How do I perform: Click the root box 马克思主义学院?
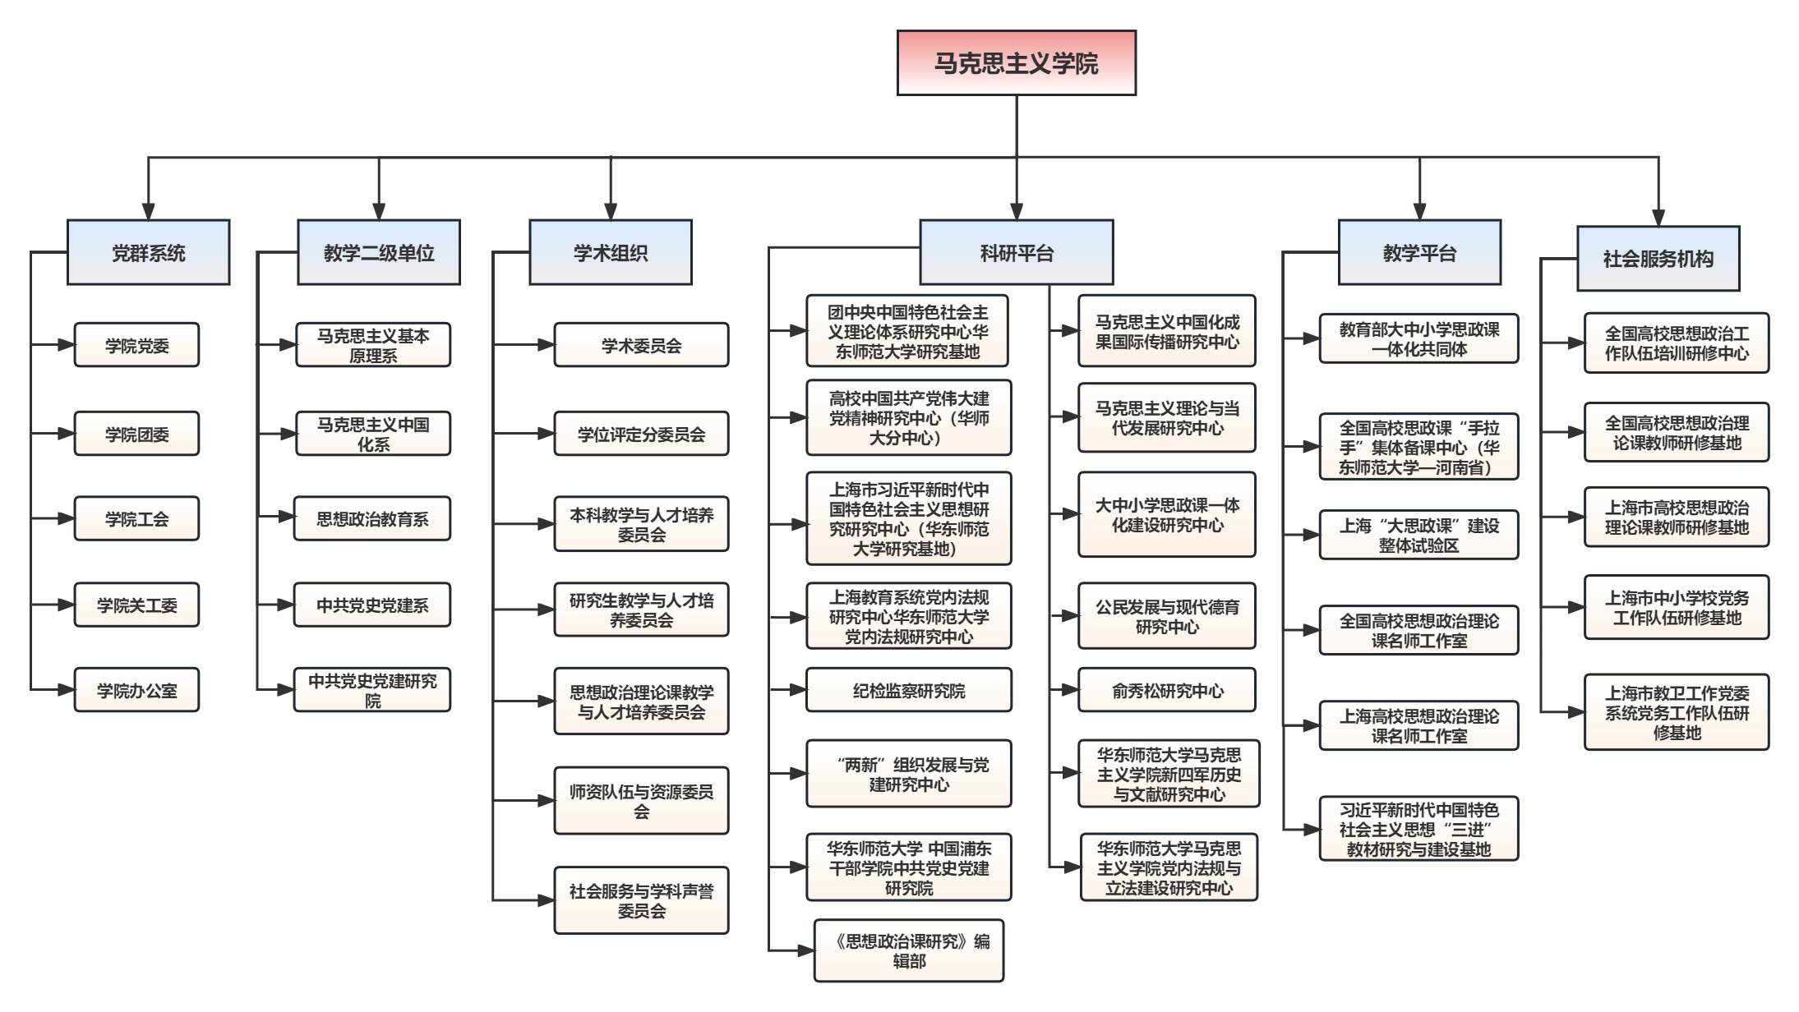pyautogui.click(x=1016, y=63)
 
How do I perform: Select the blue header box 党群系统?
pyautogui.click(x=148, y=252)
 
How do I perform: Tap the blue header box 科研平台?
pyautogui.click(x=1016, y=252)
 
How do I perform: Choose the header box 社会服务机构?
pyautogui.click(x=1658, y=259)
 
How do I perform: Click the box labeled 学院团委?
pyautogui.click(x=136, y=434)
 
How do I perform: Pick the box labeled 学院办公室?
pyautogui.click(x=136, y=690)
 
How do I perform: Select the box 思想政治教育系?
pyautogui.click(x=372, y=518)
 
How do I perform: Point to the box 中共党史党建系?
pyautogui.click(x=372, y=605)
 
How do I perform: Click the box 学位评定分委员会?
pyautogui.click(x=641, y=434)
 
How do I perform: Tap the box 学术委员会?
pyautogui.click(x=641, y=345)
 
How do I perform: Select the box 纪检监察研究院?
pyautogui.click(x=908, y=690)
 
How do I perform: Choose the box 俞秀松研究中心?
pyautogui.click(x=1167, y=690)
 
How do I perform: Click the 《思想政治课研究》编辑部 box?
pyautogui.click(x=908, y=950)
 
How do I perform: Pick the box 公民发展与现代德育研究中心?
pyautogui.click(x=1167, y=616)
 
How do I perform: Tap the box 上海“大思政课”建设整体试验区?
pyautogui.click(x=1418, y=535)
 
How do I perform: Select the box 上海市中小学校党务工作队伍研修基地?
pyautogui.click(x=1677, y=607)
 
